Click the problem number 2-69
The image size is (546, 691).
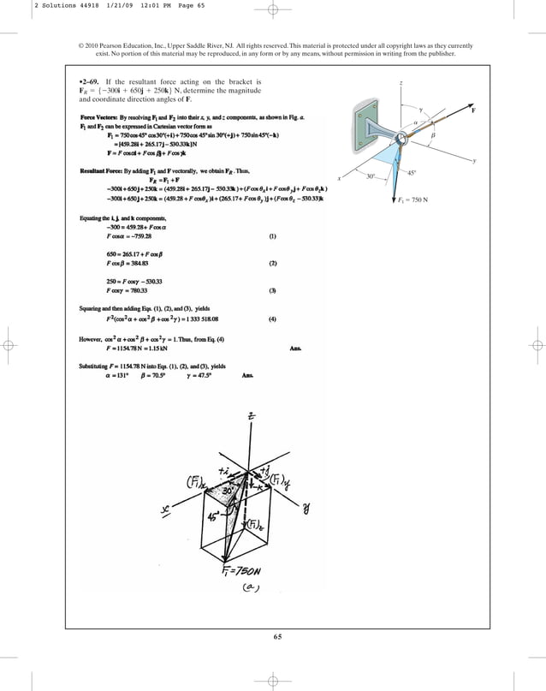tap(90, 81)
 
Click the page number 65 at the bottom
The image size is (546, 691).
tap(277, 635)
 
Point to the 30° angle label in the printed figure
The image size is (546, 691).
tap(371, 176)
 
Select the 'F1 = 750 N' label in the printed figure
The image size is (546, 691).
tap(418, 200)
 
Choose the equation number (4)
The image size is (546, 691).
tap(272, 319)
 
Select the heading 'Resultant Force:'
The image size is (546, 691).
tap(102, 171)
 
